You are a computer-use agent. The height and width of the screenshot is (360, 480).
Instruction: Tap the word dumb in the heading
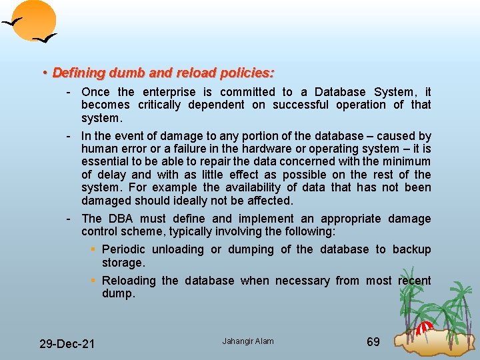[x=119, y=72]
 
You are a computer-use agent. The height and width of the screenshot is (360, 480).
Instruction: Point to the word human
[x=99, y=149]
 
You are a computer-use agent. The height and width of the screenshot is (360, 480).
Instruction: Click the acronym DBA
[x=121, y=219]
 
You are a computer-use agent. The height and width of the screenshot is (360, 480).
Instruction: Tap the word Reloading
[x=130, y=281]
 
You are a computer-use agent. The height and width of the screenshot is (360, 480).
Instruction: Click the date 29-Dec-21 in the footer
[x=67, y=344]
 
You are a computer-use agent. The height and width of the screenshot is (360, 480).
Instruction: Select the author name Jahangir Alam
[x=247, y=341]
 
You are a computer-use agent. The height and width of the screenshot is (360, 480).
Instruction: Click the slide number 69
[x=373, y=342]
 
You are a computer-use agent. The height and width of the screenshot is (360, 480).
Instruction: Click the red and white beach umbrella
[x=424, y=327]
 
